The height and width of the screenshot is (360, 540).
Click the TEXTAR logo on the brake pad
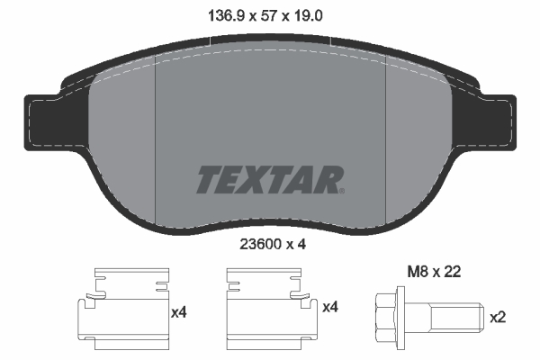pyautogui.click(x=270, y=179)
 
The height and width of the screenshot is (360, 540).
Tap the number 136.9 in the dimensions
pyautogui.click(x=226, y=16)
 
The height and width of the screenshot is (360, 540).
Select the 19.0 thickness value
pyautogui.click(x=308, y=16)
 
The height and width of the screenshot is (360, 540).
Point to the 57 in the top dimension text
pyautogui.click(x=268, y=16)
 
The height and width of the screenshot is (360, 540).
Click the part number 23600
pyautogui.click(x=261, y=245)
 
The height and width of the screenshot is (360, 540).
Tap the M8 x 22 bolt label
pyautogui.click(x=434, y=272)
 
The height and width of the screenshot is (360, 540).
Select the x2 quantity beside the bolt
pyautogui.click(x=498, y=317)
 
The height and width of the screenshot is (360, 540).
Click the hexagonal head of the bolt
pyautogui.click(x=386, y=318)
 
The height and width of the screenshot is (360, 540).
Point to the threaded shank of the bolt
pyautogui.click(x=457, y=318)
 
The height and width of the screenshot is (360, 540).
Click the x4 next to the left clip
pyautogui.click(x=179, y=312)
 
